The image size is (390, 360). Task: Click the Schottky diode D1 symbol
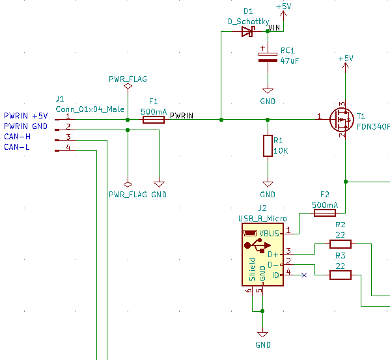[248, 32]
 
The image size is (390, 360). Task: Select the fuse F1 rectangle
[154, 120]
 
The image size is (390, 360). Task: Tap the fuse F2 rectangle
[325, 213]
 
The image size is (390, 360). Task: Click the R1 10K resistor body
[268, 146]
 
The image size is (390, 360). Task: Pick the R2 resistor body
[341, 244]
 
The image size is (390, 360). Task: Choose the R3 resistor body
[341, 275]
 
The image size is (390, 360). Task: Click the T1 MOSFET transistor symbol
[342, 120]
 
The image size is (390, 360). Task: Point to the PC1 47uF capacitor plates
[268, 57]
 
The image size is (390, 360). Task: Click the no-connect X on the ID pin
[304, 275]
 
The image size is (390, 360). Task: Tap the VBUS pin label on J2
[269, 234]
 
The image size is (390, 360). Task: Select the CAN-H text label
[17, 137]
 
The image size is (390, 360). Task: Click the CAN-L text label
[17, 147]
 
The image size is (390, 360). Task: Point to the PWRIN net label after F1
[182, 116]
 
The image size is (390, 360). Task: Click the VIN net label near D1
[274, 27]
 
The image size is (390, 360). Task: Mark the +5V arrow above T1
[346, 66]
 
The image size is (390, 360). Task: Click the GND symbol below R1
[268, 184]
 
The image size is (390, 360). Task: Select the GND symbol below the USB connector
[262, 335]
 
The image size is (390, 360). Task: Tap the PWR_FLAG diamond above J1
[128, 86]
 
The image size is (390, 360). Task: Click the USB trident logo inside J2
[258, 246]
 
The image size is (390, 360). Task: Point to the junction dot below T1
[346, 182]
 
